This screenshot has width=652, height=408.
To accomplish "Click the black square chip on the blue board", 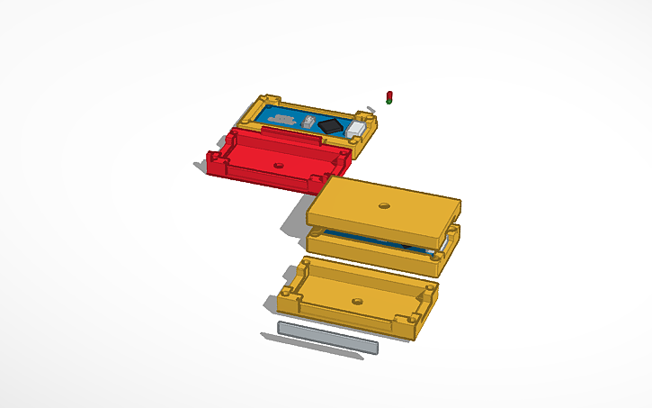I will click(332, 126).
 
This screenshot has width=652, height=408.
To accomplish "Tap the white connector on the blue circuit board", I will click(356, 131).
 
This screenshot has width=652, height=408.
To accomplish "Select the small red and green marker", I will click(389, 96).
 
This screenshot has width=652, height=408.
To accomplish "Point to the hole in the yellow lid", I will click(385, 205).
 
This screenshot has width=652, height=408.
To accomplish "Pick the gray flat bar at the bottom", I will click(328, 336).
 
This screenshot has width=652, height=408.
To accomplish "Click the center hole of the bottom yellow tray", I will click(357, 301).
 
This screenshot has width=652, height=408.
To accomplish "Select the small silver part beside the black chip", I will click(310, 122).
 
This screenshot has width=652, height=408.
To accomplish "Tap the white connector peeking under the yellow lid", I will click(446, 241).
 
